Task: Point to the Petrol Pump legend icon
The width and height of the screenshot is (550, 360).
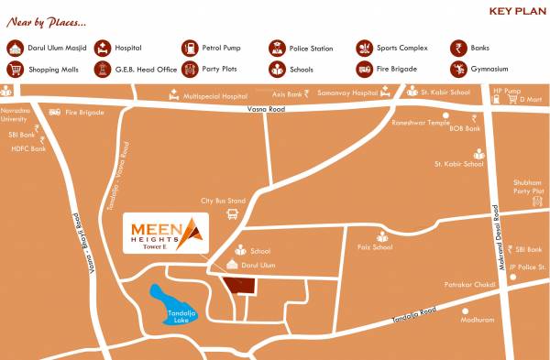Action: [x=190, y=49]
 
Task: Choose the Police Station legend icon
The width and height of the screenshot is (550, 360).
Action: [x=277, y=49]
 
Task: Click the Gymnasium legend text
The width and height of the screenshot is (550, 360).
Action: [x=489, y=69]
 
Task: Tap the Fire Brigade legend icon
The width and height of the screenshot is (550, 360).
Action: [x=364, y=69]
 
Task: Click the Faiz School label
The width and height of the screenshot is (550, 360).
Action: [x=375, y=246]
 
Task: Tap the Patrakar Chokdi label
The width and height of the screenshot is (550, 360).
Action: [x=471, y=285]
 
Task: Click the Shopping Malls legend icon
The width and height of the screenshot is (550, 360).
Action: [x=16, y=69]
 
